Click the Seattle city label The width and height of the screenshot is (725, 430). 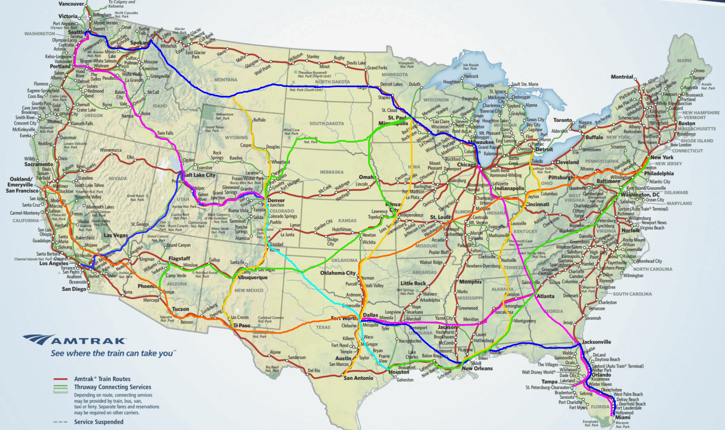pyautogui.click(x=76, y=32)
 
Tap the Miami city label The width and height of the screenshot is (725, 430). pyautogui.click(x=622, y=417)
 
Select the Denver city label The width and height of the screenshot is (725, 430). pyautogui.click(x=276, y=200)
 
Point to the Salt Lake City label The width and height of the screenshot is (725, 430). pyautogui.click(x=200, y=175)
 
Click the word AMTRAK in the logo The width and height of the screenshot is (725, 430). pyautogui.click(x=88, y=341)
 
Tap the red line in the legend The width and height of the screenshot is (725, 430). pyautogui.click(x=60, y=379)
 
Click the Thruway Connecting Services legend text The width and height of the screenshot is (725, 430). pyautogui.click(x=113, y=387)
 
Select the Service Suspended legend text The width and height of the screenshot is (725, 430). pyautogui.click(x=99, y=422)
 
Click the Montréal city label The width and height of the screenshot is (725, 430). pyautogui.click(x=622, y=77)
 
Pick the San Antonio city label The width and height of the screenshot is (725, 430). pyautogui.click(x=358, y=378)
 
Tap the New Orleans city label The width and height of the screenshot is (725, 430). pyautogui.click(x=477, y=368)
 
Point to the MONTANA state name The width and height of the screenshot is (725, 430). pyautogui.click(x=225, y=80)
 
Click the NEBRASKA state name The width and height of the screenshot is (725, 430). pyautogui.click(x=331, y=172)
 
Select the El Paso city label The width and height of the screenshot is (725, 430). pyautogui.click(x=242, y=325)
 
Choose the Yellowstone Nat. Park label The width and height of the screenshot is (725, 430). pyautogui.click(x=224, y=116)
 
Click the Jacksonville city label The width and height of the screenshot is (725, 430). pyautogui.click(x=596, y=342)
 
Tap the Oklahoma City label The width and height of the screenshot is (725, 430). pyautogui.click(x=338, y=273)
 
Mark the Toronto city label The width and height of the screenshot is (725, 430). pyautogui.click(x=562, y=120)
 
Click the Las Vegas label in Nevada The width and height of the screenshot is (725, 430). pyautogui.click(x=116, y=235)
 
